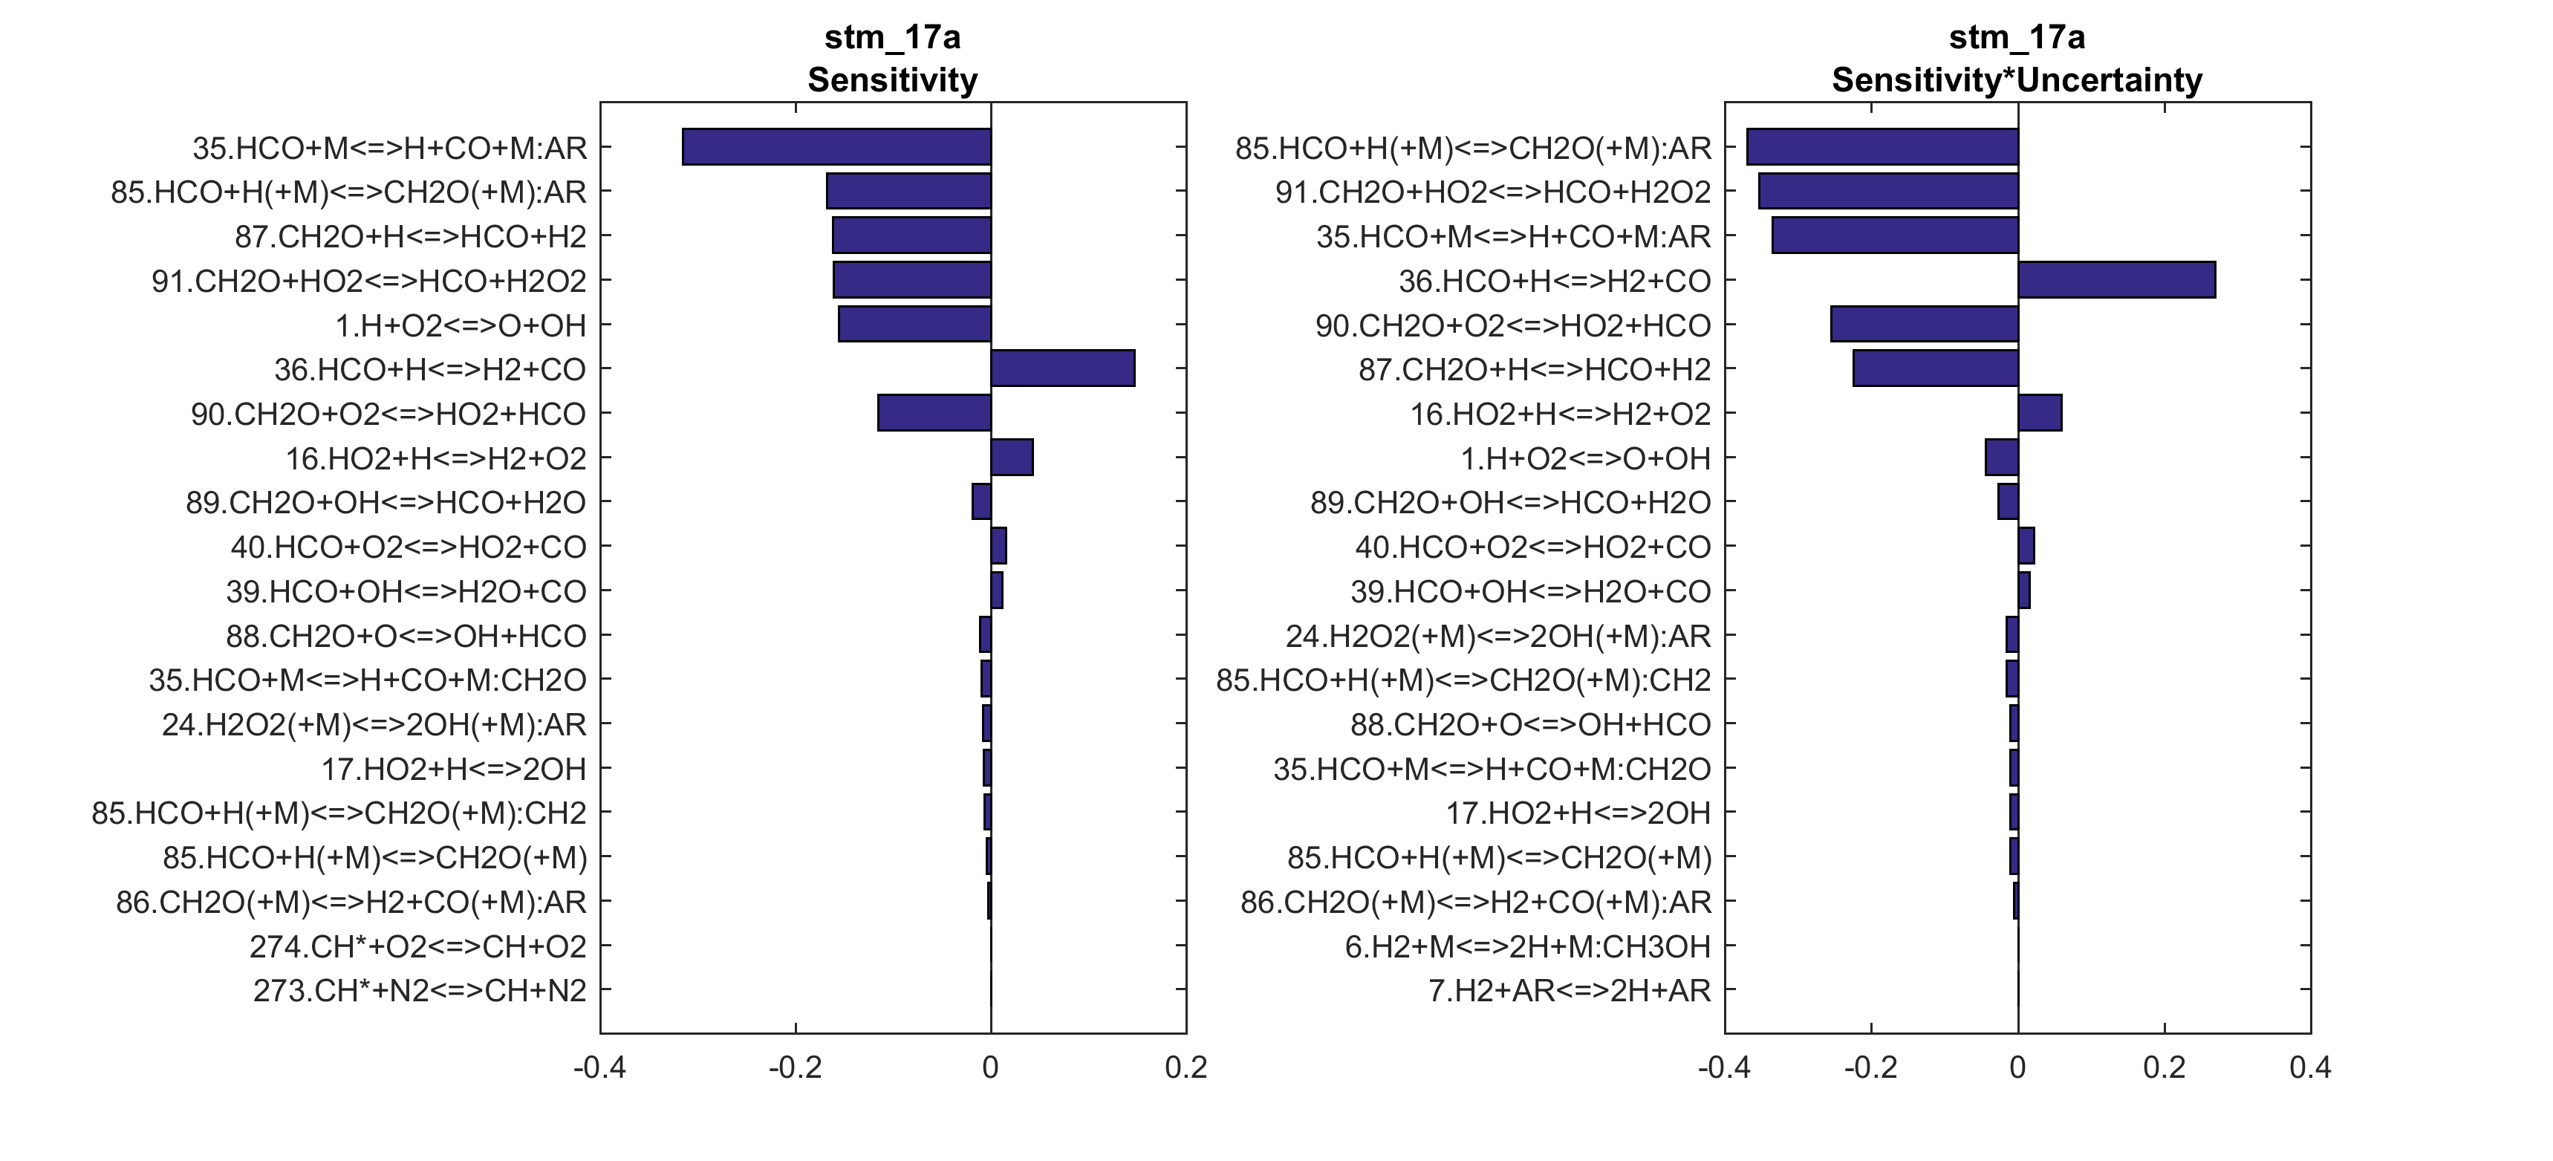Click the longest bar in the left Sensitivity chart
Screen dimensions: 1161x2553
(x=836, y=147)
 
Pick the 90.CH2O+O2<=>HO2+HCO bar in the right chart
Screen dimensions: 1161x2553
(x=1924, y=324)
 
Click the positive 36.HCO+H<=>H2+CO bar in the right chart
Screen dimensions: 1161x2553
(x=2116, y=279)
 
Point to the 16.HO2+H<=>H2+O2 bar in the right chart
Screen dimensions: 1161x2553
(x=2040, y=412)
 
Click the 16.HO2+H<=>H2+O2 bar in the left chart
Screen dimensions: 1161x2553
(x=1012, y=457)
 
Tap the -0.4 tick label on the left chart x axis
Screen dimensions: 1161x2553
(x=599, y=1068)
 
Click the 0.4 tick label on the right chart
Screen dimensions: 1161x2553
(x=2310, y=1068)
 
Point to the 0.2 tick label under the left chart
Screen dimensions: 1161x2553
(x=1186, y=1068)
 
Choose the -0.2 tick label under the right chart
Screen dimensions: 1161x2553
(x=1870, y=1068)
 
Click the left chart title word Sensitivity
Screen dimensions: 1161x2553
(x=892, y=79)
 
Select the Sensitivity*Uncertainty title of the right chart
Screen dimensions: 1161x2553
(x=2016, y=79)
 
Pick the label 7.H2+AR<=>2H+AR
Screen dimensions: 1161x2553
(x=1569, y=990)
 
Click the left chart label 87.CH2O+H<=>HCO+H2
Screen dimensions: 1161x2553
(x=410, y=236)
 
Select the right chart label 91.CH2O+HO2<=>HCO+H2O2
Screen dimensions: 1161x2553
(x=1492, y=192)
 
